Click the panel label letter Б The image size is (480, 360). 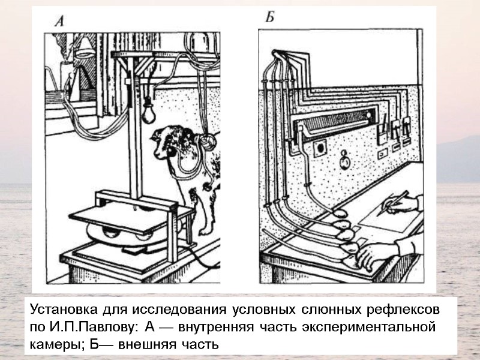tap(271, 17)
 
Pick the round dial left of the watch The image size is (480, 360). tap(321, 146)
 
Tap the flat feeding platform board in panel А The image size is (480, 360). tap(120, 213)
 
